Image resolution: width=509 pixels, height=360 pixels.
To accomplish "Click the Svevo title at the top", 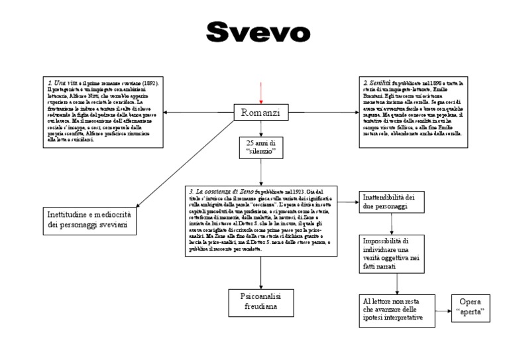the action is point(258,30).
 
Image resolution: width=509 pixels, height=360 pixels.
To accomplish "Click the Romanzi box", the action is point(262,113).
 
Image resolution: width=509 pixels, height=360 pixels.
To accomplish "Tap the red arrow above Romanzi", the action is point(262,93).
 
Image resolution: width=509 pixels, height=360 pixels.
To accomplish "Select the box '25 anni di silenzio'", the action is point(261,148).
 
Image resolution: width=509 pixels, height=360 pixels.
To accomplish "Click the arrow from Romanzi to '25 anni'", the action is point(262,129).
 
